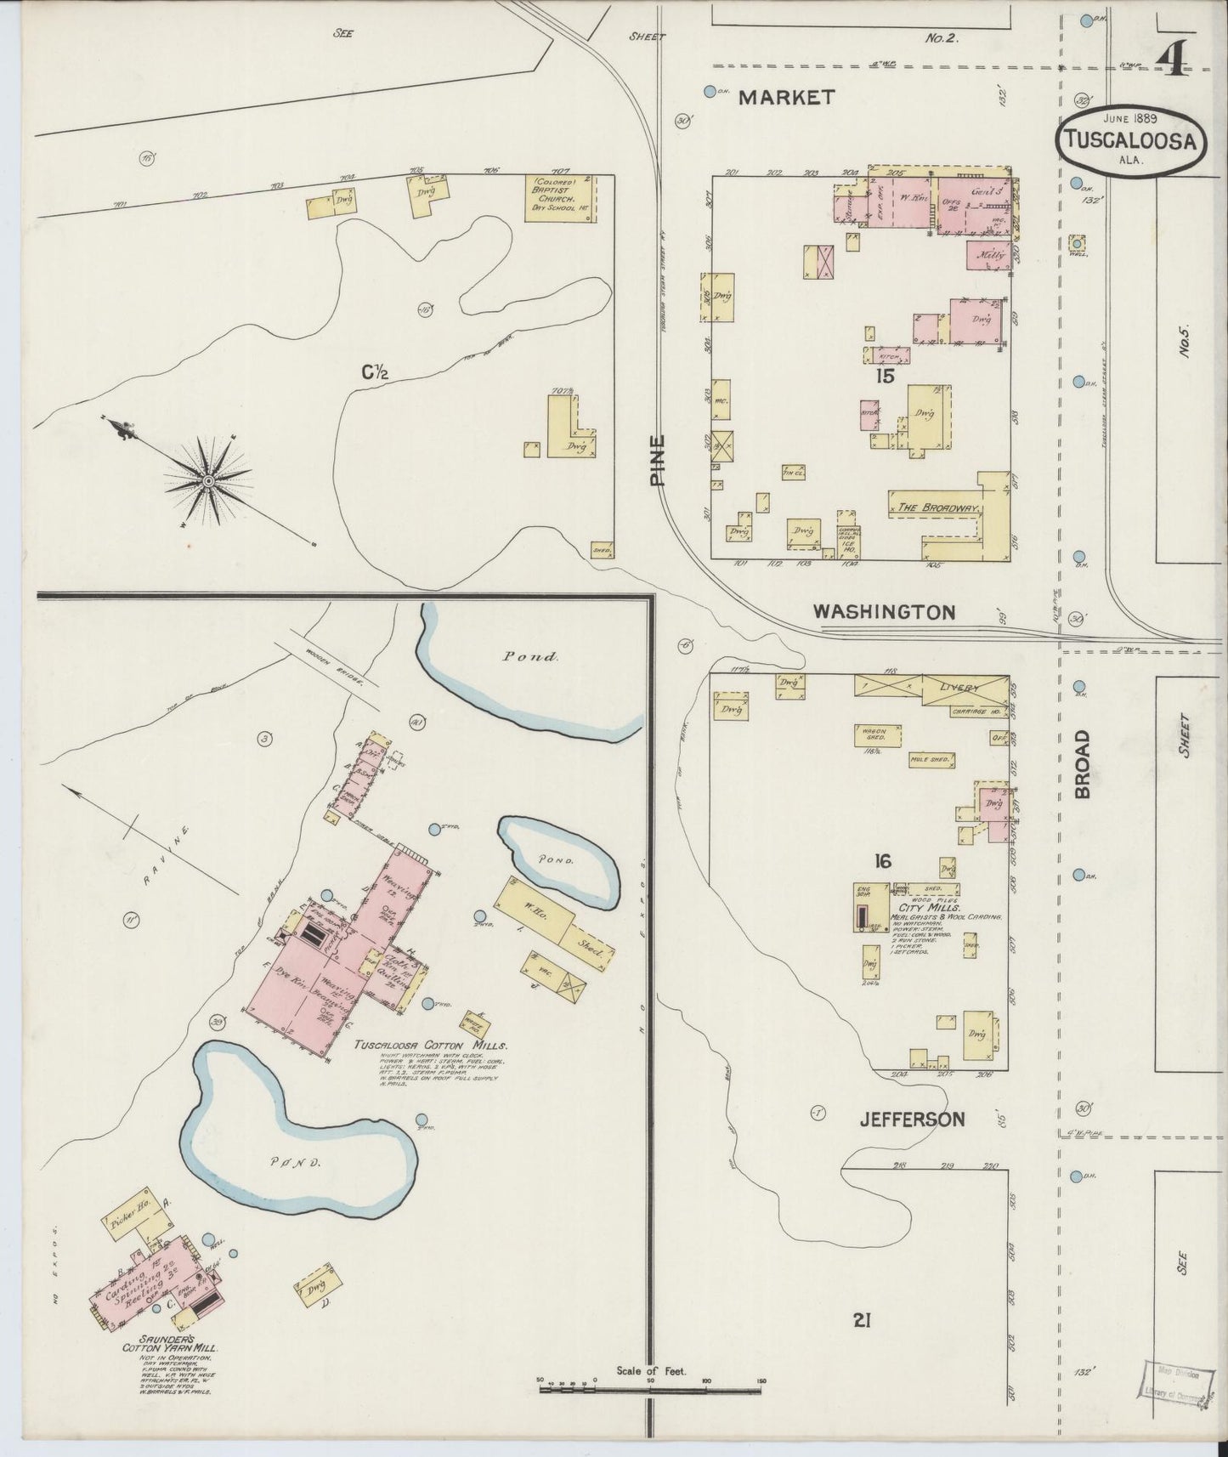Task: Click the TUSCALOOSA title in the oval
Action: click(x=1130, y=141)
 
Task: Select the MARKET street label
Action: click(x=786, y=98)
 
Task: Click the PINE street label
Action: click(x=657, y=459)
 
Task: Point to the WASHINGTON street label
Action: click(x=884, y=611)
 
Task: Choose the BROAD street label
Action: click(x=1082, y=763)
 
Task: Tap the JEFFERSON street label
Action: click(x=912, y=1119)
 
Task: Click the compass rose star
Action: click(x=207, y=482)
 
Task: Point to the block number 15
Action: click(x=885, y=375)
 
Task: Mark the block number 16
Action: click(x=882, y=862)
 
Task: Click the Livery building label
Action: click(x=959, y=687)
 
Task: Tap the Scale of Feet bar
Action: click(x=650, y=1389)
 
